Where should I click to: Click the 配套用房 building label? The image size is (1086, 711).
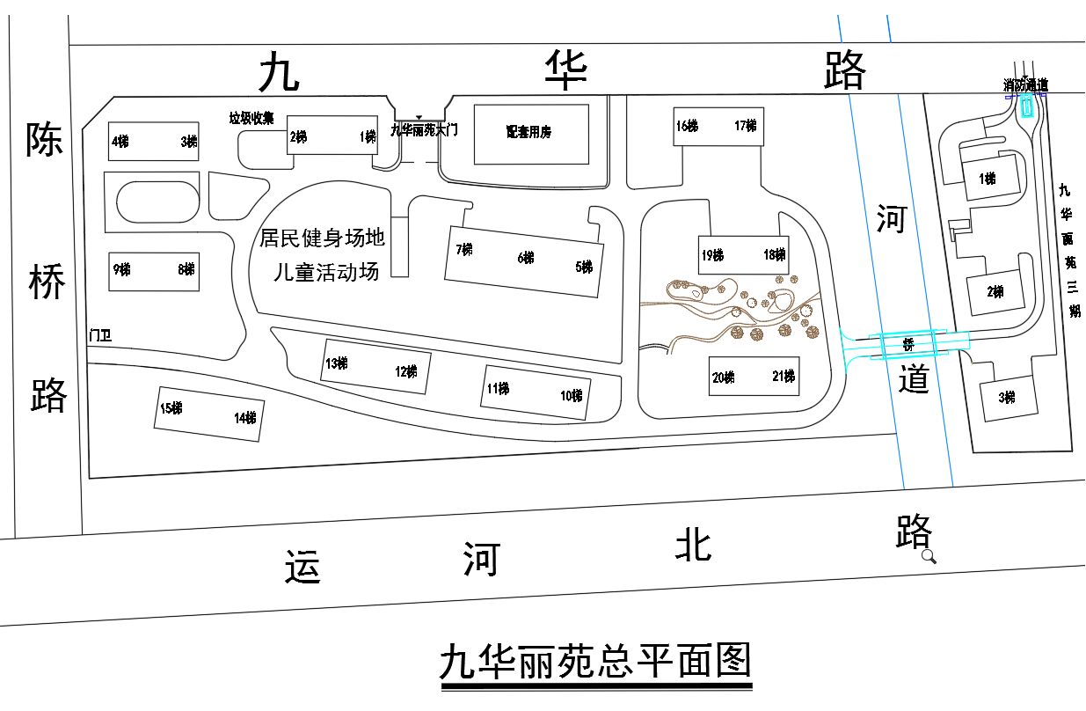[528, 132]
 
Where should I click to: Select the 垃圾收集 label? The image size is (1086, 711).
[251, 119]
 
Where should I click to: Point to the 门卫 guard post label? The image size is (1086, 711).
[99, 335]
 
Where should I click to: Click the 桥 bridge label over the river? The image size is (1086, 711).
[909, 345]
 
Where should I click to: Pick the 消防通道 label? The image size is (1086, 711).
[1025, 85]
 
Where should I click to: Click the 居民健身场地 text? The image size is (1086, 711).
[322, 238]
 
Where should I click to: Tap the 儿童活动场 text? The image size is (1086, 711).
[326, 271]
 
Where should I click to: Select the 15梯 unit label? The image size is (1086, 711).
[171, 408]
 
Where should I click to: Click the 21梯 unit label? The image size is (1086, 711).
[784, 377]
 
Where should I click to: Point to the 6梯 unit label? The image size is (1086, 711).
[526, 258]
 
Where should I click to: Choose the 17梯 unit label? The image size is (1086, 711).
[745, 126]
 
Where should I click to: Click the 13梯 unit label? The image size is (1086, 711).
[336, 363]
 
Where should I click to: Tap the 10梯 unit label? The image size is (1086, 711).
[571, 396]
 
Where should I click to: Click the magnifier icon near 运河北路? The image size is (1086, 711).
[929, 556]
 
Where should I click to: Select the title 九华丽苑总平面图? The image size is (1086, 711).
[595, 660]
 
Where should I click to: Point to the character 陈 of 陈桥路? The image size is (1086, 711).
[44, 139]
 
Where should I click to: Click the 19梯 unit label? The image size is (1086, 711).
[712, 256]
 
